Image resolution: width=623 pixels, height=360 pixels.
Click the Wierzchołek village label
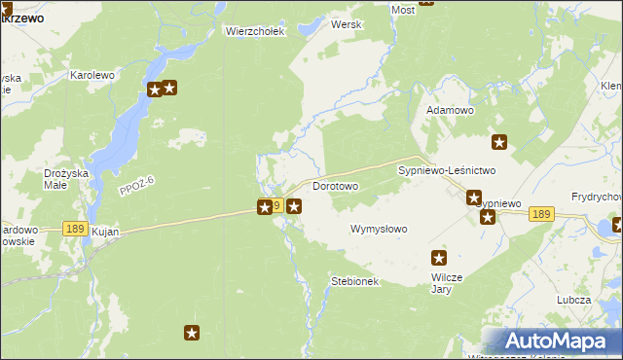click(x=254, y=31)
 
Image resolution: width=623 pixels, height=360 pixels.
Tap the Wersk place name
click(x=347, y=24)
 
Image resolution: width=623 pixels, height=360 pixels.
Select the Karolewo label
click(x=92, y=74)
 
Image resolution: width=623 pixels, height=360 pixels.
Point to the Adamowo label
click(x=450, y=111)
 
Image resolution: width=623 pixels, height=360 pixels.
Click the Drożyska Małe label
click(x=66, y=179)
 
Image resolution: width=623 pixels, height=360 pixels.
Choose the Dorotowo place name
click(x=336, y=185)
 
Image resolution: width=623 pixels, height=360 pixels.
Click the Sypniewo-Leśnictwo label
click(x=447, y=169)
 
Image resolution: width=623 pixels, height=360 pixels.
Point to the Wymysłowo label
click(x=379, y=230)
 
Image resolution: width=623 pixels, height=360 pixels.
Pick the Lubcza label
click(x=574, y=300)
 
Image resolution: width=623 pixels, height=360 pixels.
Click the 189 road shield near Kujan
click(x=74, y=228)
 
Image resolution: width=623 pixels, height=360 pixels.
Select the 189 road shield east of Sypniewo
click(x=542, y=214)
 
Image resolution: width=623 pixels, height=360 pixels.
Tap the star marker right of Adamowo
click(x=499, y=142)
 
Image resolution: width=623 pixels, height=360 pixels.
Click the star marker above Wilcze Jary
click(x=438, y=258)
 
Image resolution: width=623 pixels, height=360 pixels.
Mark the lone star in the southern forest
click(x=192, y=333)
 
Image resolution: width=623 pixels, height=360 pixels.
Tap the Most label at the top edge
click(x=402, y=10)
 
